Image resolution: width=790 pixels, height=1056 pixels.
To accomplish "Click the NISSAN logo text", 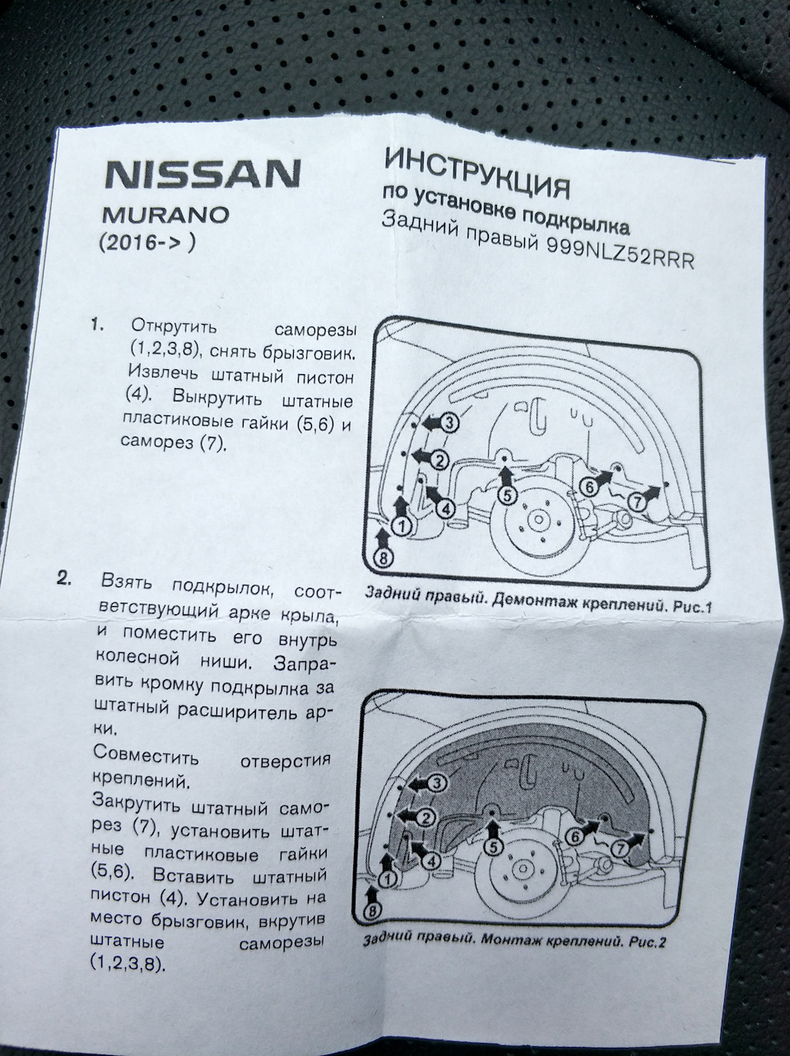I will coord(201,174).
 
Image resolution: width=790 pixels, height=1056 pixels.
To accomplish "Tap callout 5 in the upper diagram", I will coord(506,494).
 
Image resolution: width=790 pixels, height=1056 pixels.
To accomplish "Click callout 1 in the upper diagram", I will coord(402,525).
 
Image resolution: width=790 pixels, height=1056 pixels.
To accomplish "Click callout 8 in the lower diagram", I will coord(372,911).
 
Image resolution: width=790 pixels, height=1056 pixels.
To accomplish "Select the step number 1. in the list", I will coord(98,326).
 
